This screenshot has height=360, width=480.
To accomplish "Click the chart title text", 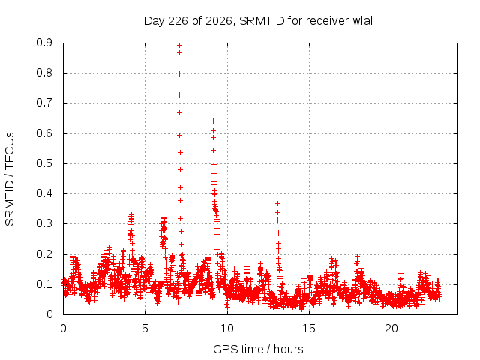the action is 258,21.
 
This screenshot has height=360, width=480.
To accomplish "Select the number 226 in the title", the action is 178,21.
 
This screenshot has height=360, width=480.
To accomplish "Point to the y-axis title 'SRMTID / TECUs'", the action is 10,179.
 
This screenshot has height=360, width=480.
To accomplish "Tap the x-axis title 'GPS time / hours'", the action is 258,349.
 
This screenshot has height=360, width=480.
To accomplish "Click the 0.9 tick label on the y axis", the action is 44,43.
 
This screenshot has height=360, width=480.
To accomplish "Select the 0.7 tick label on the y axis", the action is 44,103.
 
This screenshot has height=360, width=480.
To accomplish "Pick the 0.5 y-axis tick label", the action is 44,163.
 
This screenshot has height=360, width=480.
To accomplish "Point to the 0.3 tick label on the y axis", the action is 44,223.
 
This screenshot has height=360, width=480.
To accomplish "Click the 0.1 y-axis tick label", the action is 44,284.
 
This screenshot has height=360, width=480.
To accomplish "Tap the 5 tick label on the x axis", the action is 145,328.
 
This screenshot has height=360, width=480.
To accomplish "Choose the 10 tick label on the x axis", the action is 227,328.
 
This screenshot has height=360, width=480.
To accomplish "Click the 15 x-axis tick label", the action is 309,328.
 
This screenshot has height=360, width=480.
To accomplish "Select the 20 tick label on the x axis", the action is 391,328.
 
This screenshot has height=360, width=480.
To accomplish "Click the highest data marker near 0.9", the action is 180,46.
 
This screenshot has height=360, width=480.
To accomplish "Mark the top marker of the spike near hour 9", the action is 213,121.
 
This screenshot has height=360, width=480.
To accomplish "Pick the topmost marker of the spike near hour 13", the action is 278,203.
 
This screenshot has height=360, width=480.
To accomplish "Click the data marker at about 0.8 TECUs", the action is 180,73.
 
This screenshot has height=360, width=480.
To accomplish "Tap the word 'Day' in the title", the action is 154,21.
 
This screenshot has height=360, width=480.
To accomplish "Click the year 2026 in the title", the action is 219,21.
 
